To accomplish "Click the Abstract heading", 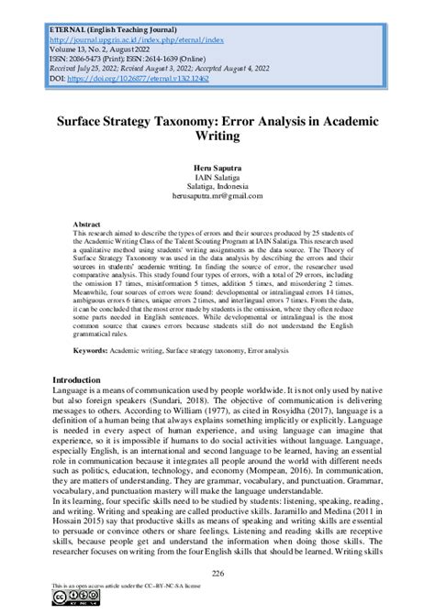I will [x=87, y=224].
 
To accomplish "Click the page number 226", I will [x=217, y=574].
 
